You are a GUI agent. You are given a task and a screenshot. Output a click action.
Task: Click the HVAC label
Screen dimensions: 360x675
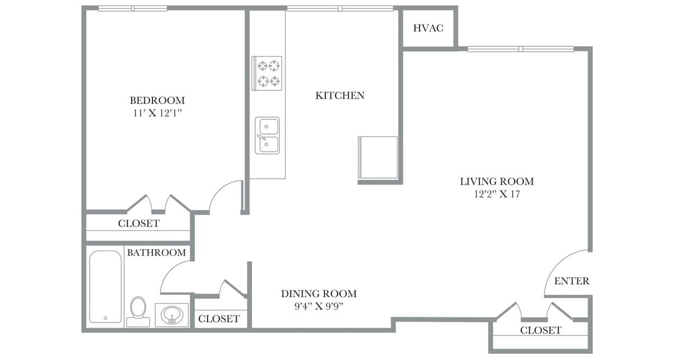428,28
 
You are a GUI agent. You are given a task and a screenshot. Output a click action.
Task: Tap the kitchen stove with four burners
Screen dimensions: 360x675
267,73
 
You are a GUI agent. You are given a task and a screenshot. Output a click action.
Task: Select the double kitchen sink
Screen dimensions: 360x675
267,136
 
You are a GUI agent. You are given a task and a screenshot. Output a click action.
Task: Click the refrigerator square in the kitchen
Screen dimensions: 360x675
378,157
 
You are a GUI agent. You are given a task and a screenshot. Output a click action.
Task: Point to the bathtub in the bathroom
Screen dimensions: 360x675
105,286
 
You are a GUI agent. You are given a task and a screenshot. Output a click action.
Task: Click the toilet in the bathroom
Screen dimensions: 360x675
138,310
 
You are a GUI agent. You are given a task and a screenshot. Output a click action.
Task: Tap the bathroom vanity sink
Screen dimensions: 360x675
172,315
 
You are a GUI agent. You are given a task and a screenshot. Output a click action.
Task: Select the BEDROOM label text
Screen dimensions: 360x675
157,101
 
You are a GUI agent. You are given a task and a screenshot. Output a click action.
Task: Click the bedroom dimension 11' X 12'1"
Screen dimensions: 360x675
157,113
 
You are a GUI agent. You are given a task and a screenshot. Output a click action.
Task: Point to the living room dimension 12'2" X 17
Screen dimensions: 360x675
496,194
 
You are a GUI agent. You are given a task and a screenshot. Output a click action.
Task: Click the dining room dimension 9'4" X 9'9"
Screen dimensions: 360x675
318,306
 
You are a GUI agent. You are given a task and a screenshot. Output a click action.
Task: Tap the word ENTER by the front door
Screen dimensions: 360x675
572,282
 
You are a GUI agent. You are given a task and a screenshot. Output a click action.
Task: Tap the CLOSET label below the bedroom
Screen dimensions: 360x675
139,224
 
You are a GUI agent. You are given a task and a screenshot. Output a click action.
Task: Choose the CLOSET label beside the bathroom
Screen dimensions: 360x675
219,319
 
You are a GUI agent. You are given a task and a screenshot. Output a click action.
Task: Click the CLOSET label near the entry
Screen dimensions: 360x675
541,331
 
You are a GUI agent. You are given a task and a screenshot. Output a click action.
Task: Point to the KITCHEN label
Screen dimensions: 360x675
340,96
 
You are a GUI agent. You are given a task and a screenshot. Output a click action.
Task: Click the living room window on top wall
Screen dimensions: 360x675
520,49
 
